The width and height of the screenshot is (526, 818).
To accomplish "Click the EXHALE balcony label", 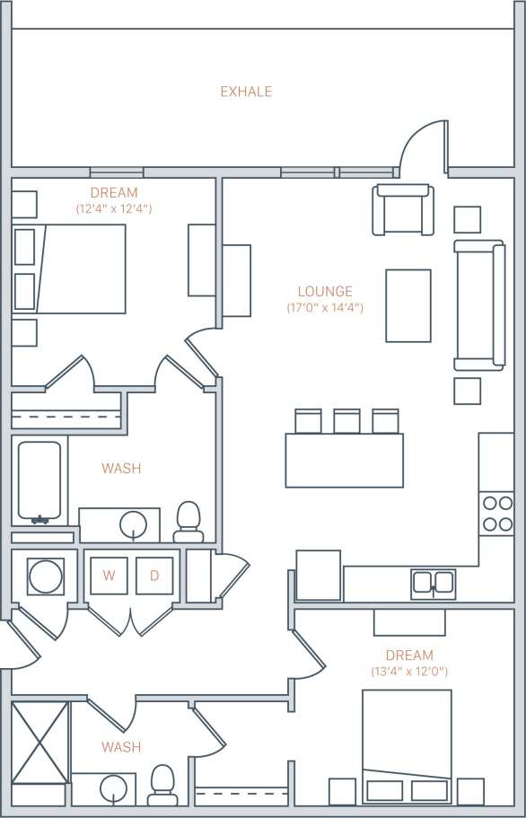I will [246, 92].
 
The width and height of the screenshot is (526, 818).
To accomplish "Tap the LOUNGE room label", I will [325, 292].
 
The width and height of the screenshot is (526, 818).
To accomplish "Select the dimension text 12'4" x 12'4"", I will [114, 208].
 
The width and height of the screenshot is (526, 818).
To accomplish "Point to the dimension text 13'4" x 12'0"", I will [409, 672].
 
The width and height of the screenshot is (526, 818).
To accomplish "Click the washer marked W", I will [109, 576].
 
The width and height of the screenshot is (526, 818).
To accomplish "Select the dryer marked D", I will [154, 576].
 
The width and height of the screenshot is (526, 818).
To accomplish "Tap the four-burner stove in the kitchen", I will [496, 514].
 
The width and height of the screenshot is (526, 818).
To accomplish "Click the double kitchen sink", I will [433, 584].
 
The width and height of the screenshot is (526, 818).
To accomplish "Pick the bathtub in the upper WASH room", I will [40, 482].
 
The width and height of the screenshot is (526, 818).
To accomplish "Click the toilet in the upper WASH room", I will [188, 521].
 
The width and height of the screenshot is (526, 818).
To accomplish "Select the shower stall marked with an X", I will [40, 742].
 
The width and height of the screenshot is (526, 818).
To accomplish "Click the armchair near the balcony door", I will [404, 210].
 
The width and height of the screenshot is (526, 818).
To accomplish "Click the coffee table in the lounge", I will [408, 305].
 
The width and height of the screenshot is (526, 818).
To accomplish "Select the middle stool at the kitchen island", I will [346, 421].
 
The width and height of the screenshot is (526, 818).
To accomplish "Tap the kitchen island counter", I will [345, 461].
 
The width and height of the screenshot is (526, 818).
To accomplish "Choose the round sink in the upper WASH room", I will [133, 523].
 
